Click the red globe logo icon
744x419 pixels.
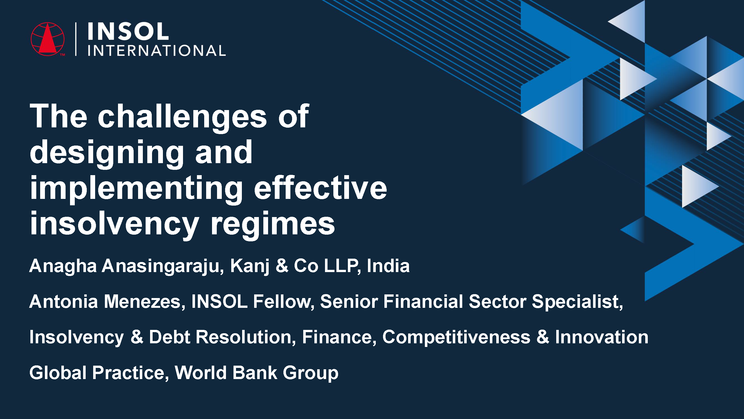click(x=48, y=39)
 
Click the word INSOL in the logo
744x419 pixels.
click(x=128, y=32)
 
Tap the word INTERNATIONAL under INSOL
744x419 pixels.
click(x=156, y=51)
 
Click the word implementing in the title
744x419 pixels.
click(x=136, y=189)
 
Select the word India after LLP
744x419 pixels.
click(x=388, y=266)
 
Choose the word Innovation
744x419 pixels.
click(x=602, y=337)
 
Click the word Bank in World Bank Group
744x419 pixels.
click(x=255, y=373)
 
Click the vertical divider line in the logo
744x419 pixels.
click(x=76, y=39)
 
